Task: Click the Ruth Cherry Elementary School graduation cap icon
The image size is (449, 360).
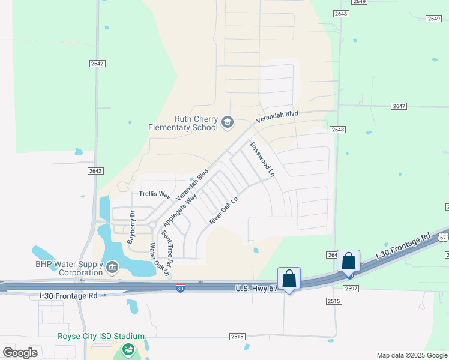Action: coord(228,123)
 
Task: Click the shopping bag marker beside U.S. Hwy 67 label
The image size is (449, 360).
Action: coord(289,278)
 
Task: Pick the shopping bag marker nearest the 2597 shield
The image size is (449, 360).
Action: coord(349,262)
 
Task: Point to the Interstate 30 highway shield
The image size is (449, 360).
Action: coord(180,289)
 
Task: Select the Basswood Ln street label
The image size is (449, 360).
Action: coord(262,160)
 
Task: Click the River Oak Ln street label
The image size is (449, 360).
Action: coord(224,211)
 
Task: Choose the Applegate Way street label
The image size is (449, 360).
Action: coord(179,210)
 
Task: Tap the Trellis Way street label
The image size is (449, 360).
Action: coord(155,194)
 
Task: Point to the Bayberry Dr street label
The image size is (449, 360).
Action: coord(131,226)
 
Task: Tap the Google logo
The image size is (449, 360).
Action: coord(20,353)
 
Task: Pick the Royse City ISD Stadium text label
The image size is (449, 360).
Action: coord(101,337)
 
